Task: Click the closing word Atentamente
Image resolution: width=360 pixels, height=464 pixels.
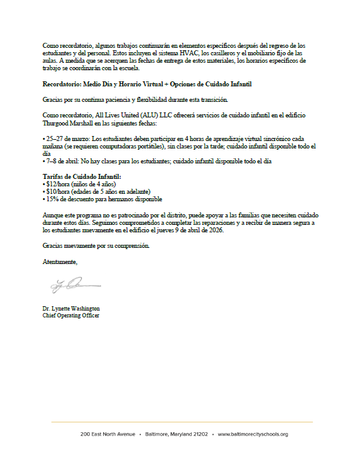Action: click(60, 262)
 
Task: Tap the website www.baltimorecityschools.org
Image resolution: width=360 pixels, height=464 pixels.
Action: click(253, 434)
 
